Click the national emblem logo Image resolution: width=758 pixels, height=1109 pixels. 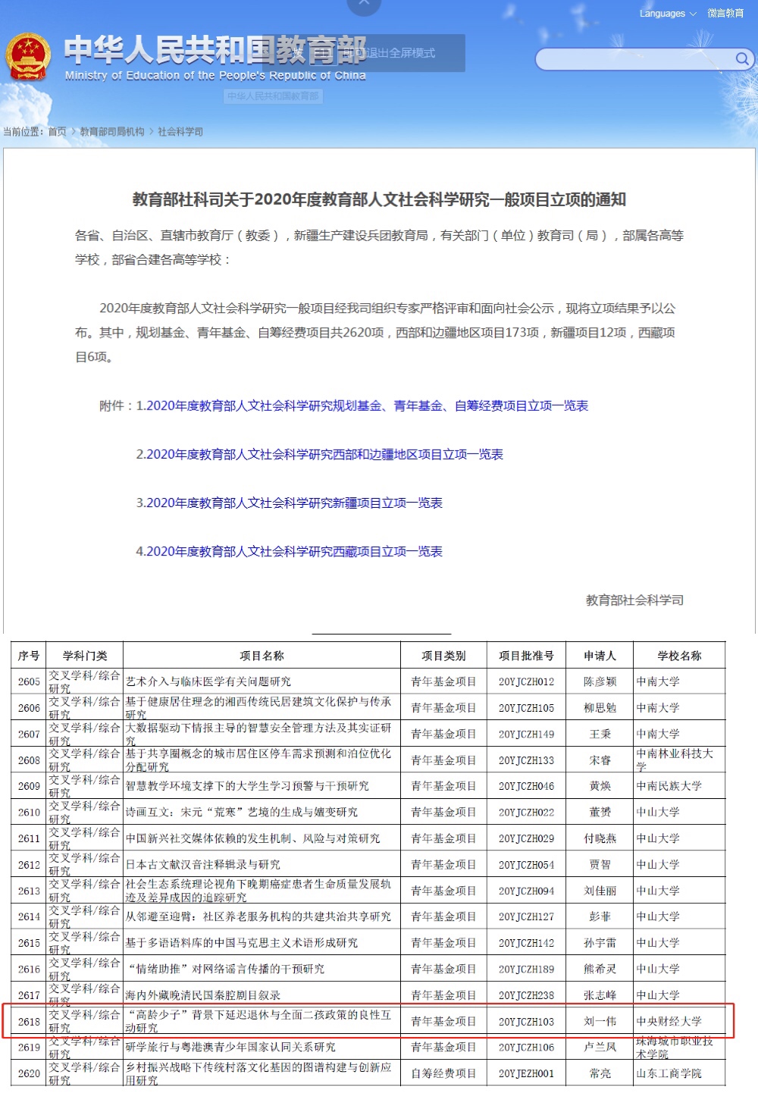(28, 56)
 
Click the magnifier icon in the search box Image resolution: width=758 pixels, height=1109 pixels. (742, 58)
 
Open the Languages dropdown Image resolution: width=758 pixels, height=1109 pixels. (667, 14)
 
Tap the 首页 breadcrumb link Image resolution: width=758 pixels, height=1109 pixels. (57, 132)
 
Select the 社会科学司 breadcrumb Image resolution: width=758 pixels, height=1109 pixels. (180, 132)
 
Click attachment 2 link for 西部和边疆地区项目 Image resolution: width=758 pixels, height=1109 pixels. (319, 455)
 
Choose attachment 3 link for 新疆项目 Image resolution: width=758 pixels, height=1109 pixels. (289, 503)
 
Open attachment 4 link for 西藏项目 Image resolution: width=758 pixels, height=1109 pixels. (289, 552)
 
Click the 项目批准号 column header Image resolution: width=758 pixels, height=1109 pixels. (526, 656)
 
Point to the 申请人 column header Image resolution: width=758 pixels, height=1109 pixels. (600, 656)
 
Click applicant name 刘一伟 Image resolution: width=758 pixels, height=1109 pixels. (600, 1022)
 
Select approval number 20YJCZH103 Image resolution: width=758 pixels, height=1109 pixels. (526, 1022)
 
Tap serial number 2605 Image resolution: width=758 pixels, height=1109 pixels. (29, 682)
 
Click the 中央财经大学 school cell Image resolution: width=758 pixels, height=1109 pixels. (669, 1022)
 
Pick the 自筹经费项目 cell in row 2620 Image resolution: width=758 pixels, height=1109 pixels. (443, 1074)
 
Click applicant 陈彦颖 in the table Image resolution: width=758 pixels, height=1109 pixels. (600, 682)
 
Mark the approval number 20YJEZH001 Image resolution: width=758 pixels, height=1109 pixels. (526, 1074)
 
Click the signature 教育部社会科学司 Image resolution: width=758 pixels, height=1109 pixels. (634, 600)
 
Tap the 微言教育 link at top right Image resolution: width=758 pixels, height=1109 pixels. (725, 14)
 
